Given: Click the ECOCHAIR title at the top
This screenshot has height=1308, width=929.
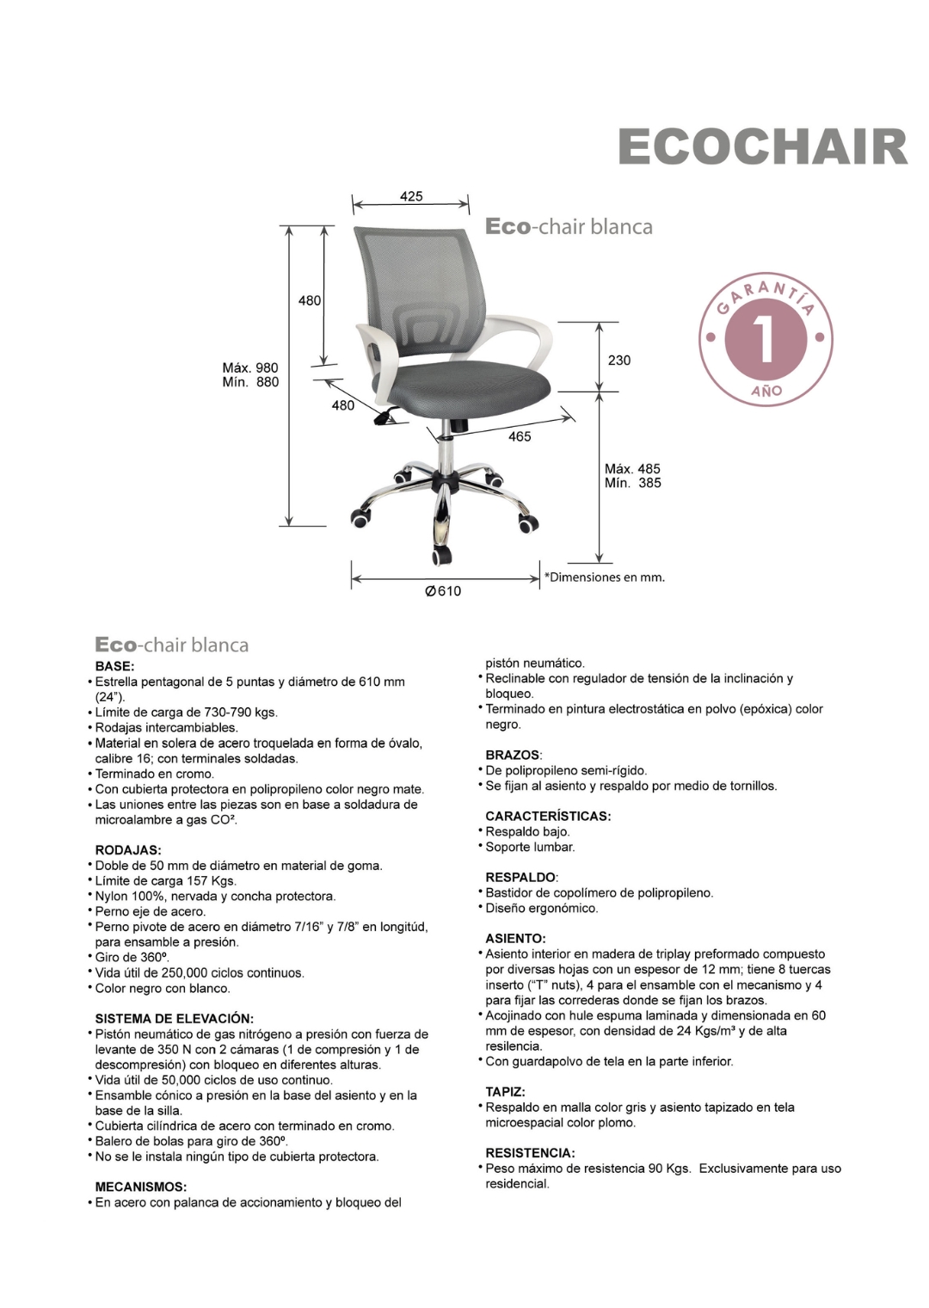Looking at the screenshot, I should (x=762, y=147).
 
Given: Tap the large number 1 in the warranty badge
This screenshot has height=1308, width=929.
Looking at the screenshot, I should (x=765, y=338).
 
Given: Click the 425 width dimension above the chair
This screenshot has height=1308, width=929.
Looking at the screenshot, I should (x=411, y=196).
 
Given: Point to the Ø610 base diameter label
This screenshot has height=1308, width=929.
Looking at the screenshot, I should (x=444, y=591).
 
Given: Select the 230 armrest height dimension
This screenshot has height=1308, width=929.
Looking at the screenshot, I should (x=619, y=360).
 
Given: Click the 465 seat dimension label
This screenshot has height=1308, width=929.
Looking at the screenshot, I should (x=520, y=436).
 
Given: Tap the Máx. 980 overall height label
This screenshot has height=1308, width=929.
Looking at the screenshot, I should (x=250, y=367).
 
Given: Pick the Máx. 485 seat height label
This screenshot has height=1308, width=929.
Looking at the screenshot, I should (x=632, y=468).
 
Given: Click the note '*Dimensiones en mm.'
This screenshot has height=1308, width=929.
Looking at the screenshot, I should (x=604, y=577).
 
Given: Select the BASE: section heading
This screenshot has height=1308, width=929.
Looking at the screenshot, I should (x=114, y=666).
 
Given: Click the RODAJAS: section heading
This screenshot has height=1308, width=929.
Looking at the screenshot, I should (x=128, y=850).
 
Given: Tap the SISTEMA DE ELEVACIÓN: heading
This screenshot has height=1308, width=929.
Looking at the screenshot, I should (x=174, y=1018).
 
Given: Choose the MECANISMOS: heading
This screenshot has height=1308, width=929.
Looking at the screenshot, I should (x=140, y=1187).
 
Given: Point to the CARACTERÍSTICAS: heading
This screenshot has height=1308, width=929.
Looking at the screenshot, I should (x=548, y=816).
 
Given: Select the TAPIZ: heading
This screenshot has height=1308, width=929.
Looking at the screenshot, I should (x=505, y=1091).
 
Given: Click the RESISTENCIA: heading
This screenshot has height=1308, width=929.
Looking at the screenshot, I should (x=530, y=1152).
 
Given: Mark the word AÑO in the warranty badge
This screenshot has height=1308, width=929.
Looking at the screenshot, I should (x=766, y=391).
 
